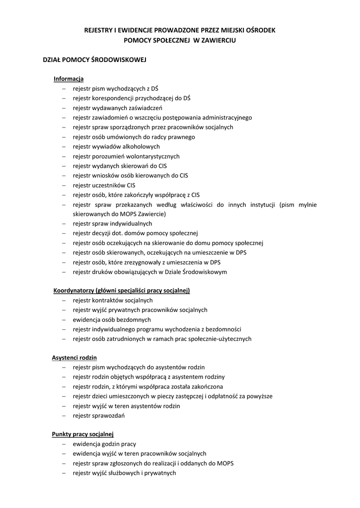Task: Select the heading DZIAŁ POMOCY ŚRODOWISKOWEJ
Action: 94,60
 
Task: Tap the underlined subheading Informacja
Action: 69,79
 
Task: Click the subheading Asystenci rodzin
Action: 74,358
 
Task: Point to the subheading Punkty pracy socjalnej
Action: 83,435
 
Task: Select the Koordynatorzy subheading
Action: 122,291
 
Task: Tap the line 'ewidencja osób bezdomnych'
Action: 112,319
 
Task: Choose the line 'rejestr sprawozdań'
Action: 98,416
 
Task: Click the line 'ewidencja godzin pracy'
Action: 104,444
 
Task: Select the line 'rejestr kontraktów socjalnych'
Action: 113,301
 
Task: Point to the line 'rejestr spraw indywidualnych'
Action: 112,224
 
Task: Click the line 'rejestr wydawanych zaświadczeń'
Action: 117,108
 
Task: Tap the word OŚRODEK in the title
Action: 258,30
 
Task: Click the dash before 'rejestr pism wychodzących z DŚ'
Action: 64,89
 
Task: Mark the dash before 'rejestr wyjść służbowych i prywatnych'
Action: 64,473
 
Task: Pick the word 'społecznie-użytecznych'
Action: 220,339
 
